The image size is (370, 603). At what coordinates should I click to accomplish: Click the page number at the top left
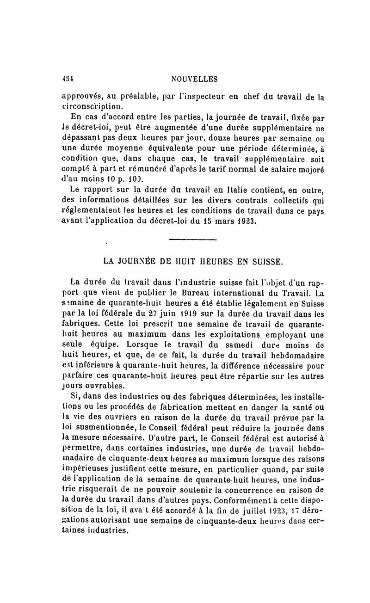[x=68, y=79]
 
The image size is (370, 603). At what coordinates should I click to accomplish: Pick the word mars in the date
[x=214, y=220]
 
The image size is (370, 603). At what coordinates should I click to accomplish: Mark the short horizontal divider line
[x=193, y=240]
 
